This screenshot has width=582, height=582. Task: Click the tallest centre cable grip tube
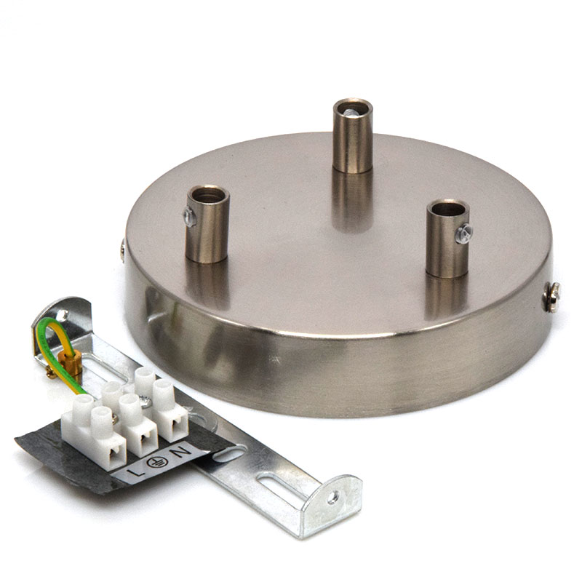click(352, 135)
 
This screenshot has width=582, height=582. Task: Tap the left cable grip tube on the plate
click(207, 224)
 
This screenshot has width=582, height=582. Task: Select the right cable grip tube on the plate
click(448, 239)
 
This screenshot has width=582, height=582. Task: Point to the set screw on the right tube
click(464, 234)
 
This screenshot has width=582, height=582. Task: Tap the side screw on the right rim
click(551, 297)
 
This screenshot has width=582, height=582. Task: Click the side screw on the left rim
click(123, 250)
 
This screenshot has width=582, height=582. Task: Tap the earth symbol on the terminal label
click(157, 462)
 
